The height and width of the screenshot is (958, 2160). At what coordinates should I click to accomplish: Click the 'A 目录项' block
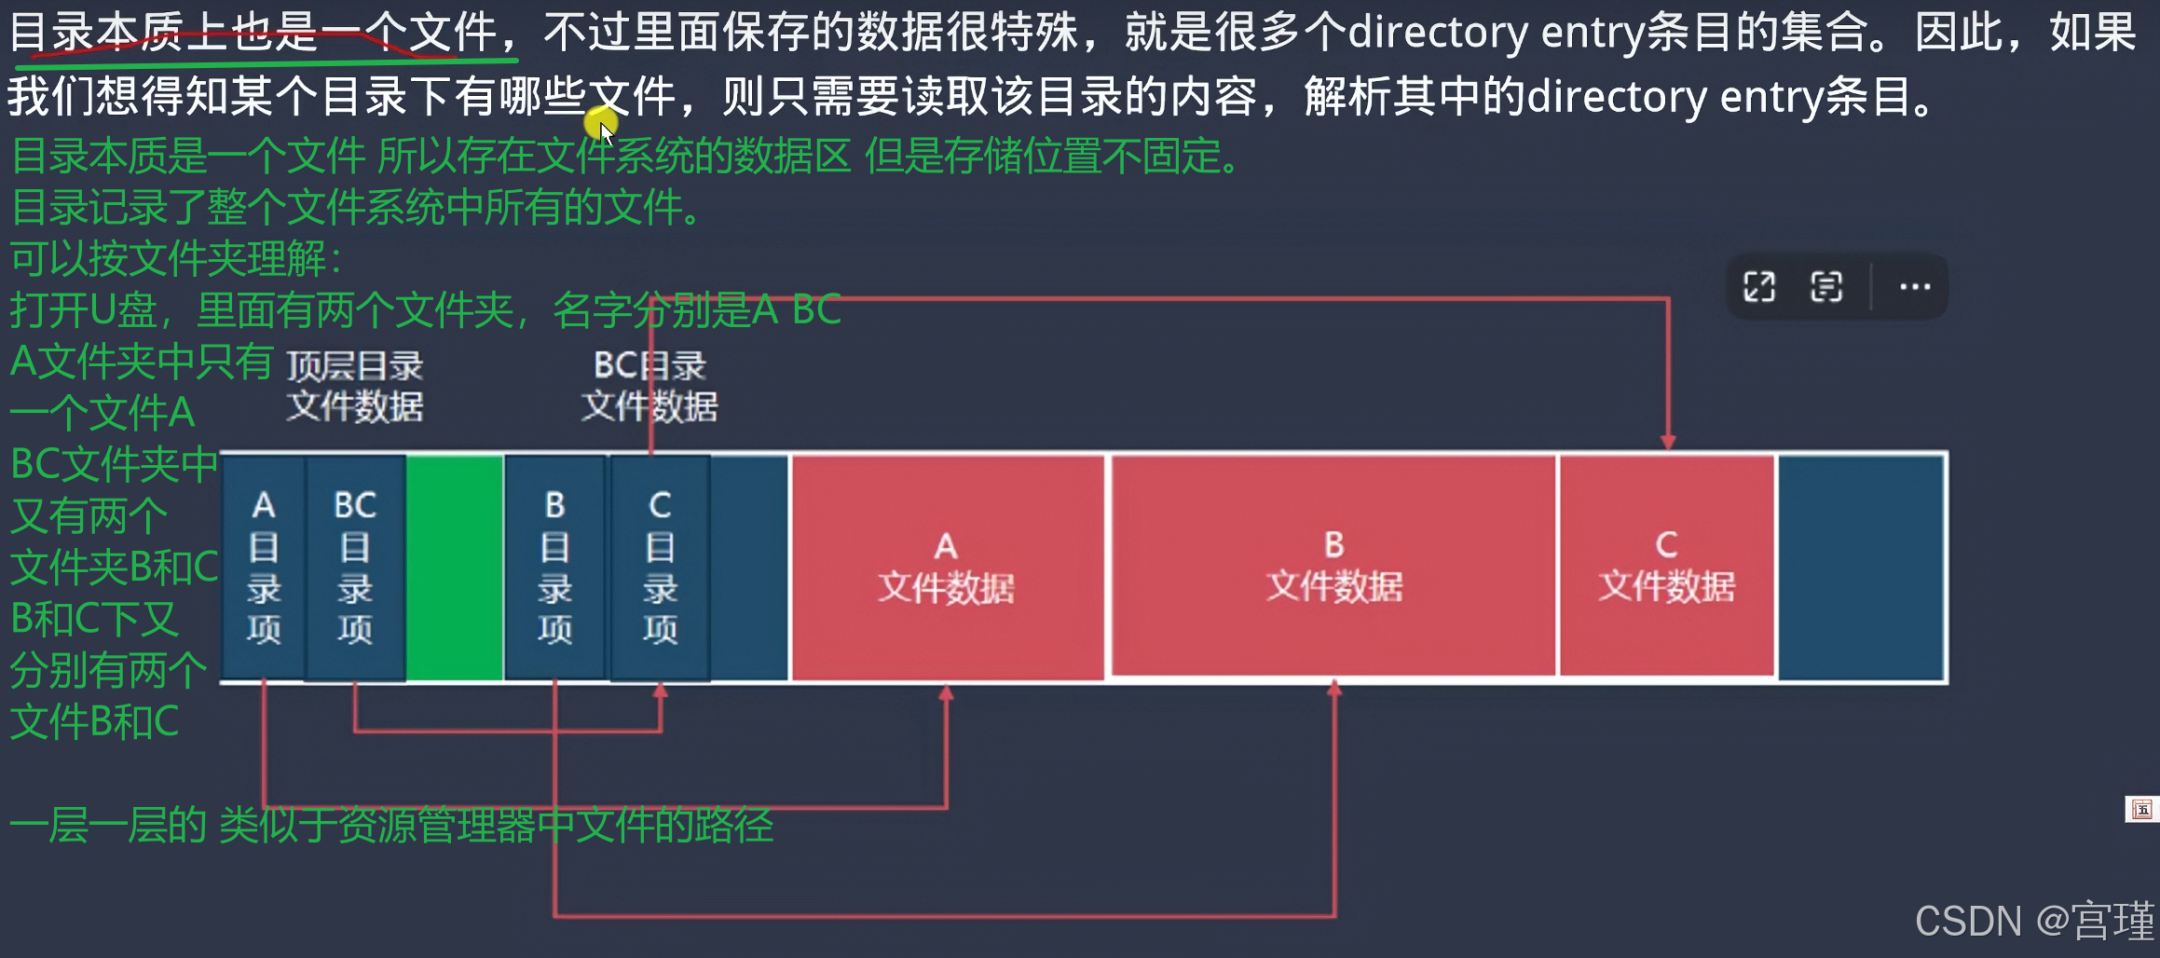(264, 567)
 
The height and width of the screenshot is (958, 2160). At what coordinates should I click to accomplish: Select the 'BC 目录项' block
(355, 567)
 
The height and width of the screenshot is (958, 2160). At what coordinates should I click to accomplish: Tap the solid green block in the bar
(455, 567)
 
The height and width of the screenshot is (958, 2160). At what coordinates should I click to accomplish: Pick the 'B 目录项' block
(554, 567)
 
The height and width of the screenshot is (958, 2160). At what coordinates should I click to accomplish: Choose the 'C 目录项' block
(660, 567)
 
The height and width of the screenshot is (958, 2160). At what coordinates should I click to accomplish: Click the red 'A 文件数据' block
(946, 567)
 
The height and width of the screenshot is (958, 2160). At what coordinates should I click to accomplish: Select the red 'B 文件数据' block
(1333, 567)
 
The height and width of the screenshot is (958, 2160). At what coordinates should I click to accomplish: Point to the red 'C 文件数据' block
(1666, 567)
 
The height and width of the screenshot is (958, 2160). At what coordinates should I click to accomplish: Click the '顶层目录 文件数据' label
(354, 387)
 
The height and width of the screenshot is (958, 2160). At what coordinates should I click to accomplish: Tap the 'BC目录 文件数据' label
(649, 387)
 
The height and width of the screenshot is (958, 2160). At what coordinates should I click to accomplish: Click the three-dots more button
(1914, 287)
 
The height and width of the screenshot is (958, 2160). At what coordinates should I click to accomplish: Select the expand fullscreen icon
(1759, 287)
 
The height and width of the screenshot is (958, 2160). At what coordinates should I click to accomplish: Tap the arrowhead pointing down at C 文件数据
(1668, 442)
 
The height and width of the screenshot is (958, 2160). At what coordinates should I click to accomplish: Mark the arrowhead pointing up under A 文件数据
(946, 692)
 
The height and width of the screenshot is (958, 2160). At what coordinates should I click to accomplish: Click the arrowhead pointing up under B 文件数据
(1333, 689)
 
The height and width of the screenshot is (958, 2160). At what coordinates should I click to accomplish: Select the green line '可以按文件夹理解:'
(177, 259)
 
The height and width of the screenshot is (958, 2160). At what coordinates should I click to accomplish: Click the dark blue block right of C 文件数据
(1861, 567)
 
